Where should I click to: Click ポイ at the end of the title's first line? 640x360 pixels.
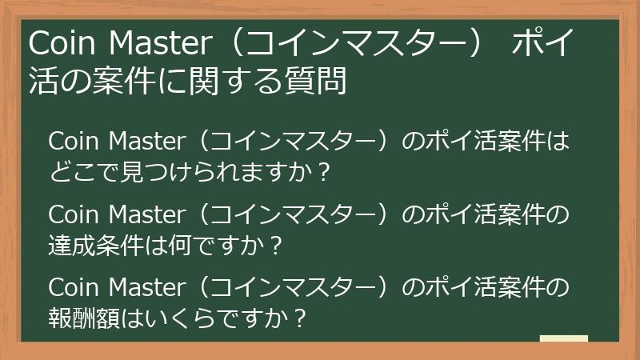tap(543, 43)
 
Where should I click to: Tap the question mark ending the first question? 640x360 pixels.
tap(322, 171)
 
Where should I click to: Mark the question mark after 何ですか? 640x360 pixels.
tap(276, 245)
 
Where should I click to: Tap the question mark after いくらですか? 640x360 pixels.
tap(300, 318)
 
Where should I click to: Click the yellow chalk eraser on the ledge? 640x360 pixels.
tap(564, 339)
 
